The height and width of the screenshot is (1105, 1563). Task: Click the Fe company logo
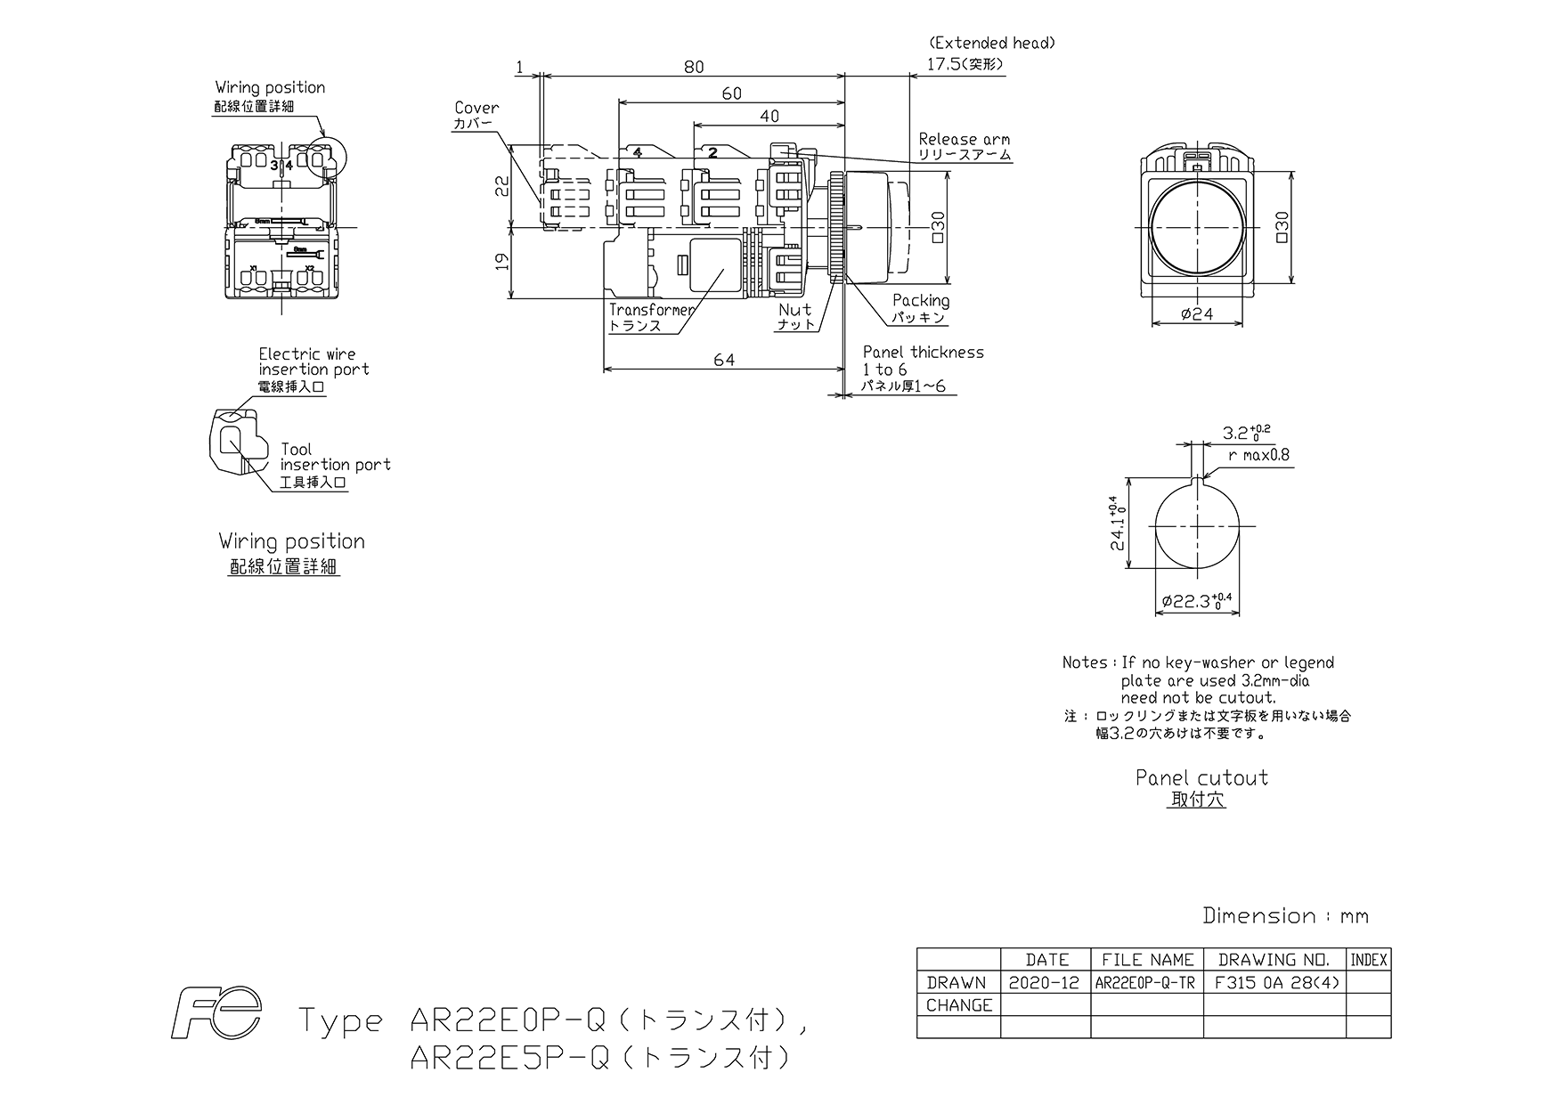[x=217, y=1014]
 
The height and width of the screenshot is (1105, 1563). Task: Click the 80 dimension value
[x=694, y=66]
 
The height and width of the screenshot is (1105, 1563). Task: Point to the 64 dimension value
[x=725, y=360]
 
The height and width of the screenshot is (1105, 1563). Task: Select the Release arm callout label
[x=965, y=139]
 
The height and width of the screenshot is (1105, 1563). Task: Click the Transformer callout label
[x=652, y=310]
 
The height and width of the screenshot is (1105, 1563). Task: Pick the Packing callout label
[x=921, y=301]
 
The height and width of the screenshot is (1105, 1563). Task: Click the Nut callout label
[x=795, y=310]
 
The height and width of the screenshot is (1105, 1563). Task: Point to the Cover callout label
[x=476, y=108]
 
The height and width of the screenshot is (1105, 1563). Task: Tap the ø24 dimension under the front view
[x=1196, y=313]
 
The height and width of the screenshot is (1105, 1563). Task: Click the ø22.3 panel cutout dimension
[x=1197, y=601]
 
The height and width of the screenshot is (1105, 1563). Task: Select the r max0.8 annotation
[x=1258, y=455]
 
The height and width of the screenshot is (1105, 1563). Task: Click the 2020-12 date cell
[x=1044, y=983]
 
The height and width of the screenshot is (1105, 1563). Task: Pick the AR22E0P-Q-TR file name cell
[x=1145, y=983]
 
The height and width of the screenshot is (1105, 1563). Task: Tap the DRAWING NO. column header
[x=1274, y=960]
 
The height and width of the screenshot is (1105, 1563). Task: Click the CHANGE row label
[x=958, y=1005]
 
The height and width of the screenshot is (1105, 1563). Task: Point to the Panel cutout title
[x=1201, y=777]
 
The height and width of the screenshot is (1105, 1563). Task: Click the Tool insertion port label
[x=335, y=457]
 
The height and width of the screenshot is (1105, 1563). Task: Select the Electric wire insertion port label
[x=313, y=362]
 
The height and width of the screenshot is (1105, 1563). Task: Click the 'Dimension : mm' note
[x=1285, y=915]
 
